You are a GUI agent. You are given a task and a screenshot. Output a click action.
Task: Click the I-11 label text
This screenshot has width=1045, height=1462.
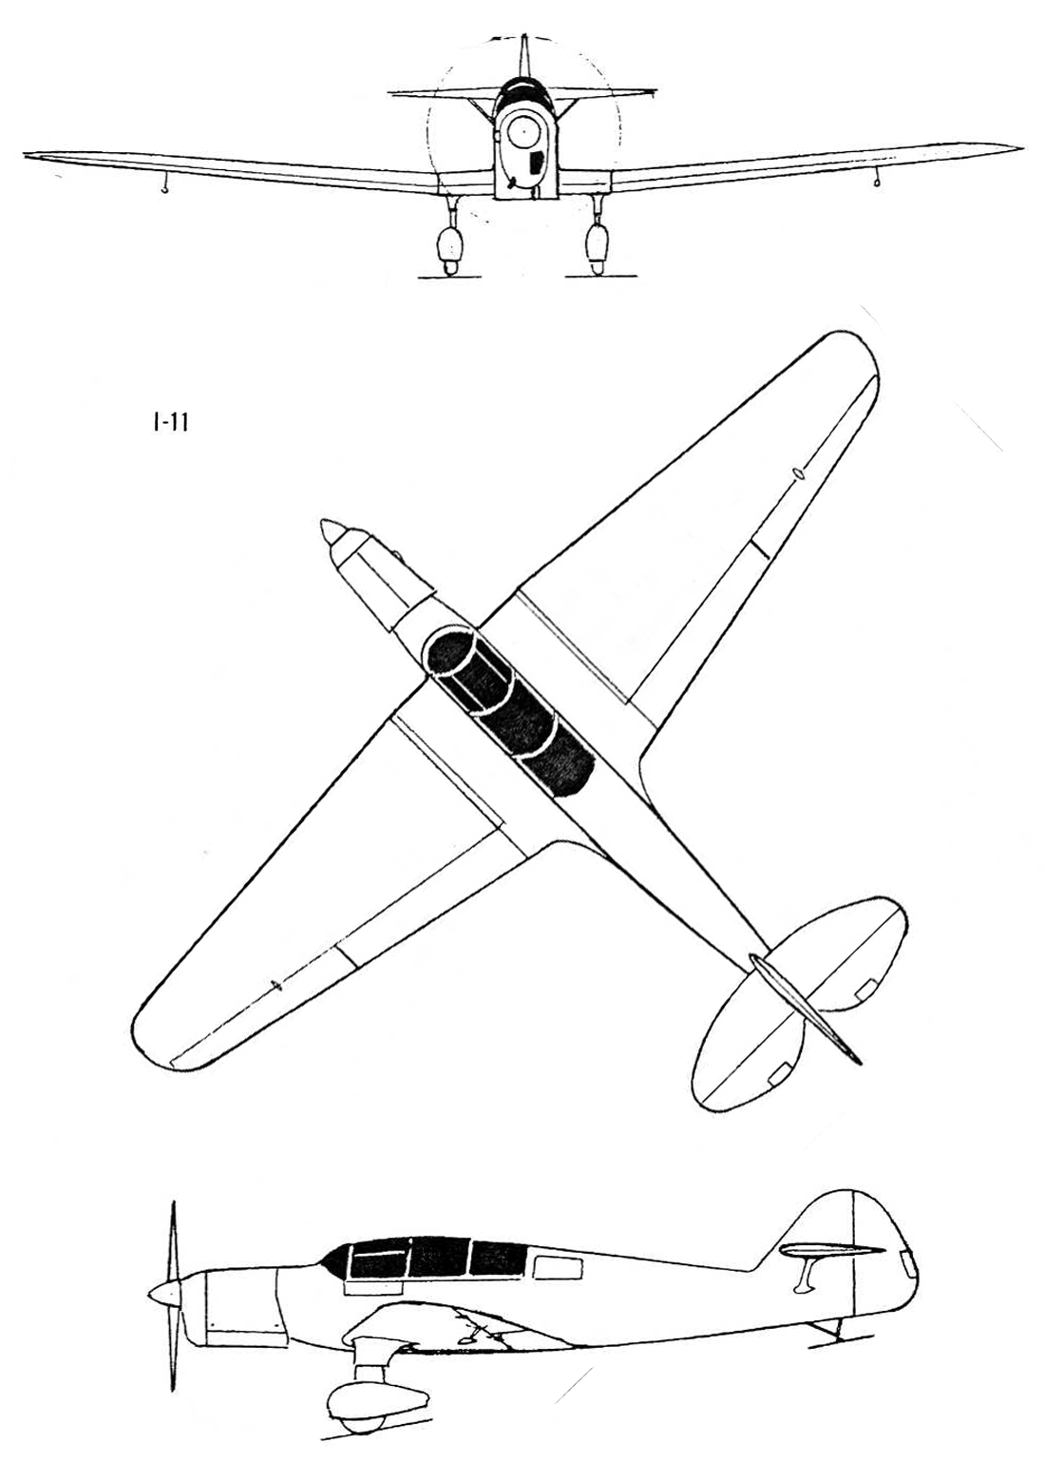(x=167, y=424)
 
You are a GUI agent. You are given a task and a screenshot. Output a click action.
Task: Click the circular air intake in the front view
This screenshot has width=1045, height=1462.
(x=522, y=134)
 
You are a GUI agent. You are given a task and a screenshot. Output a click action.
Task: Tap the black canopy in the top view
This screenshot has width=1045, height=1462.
(x=509, y=711)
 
